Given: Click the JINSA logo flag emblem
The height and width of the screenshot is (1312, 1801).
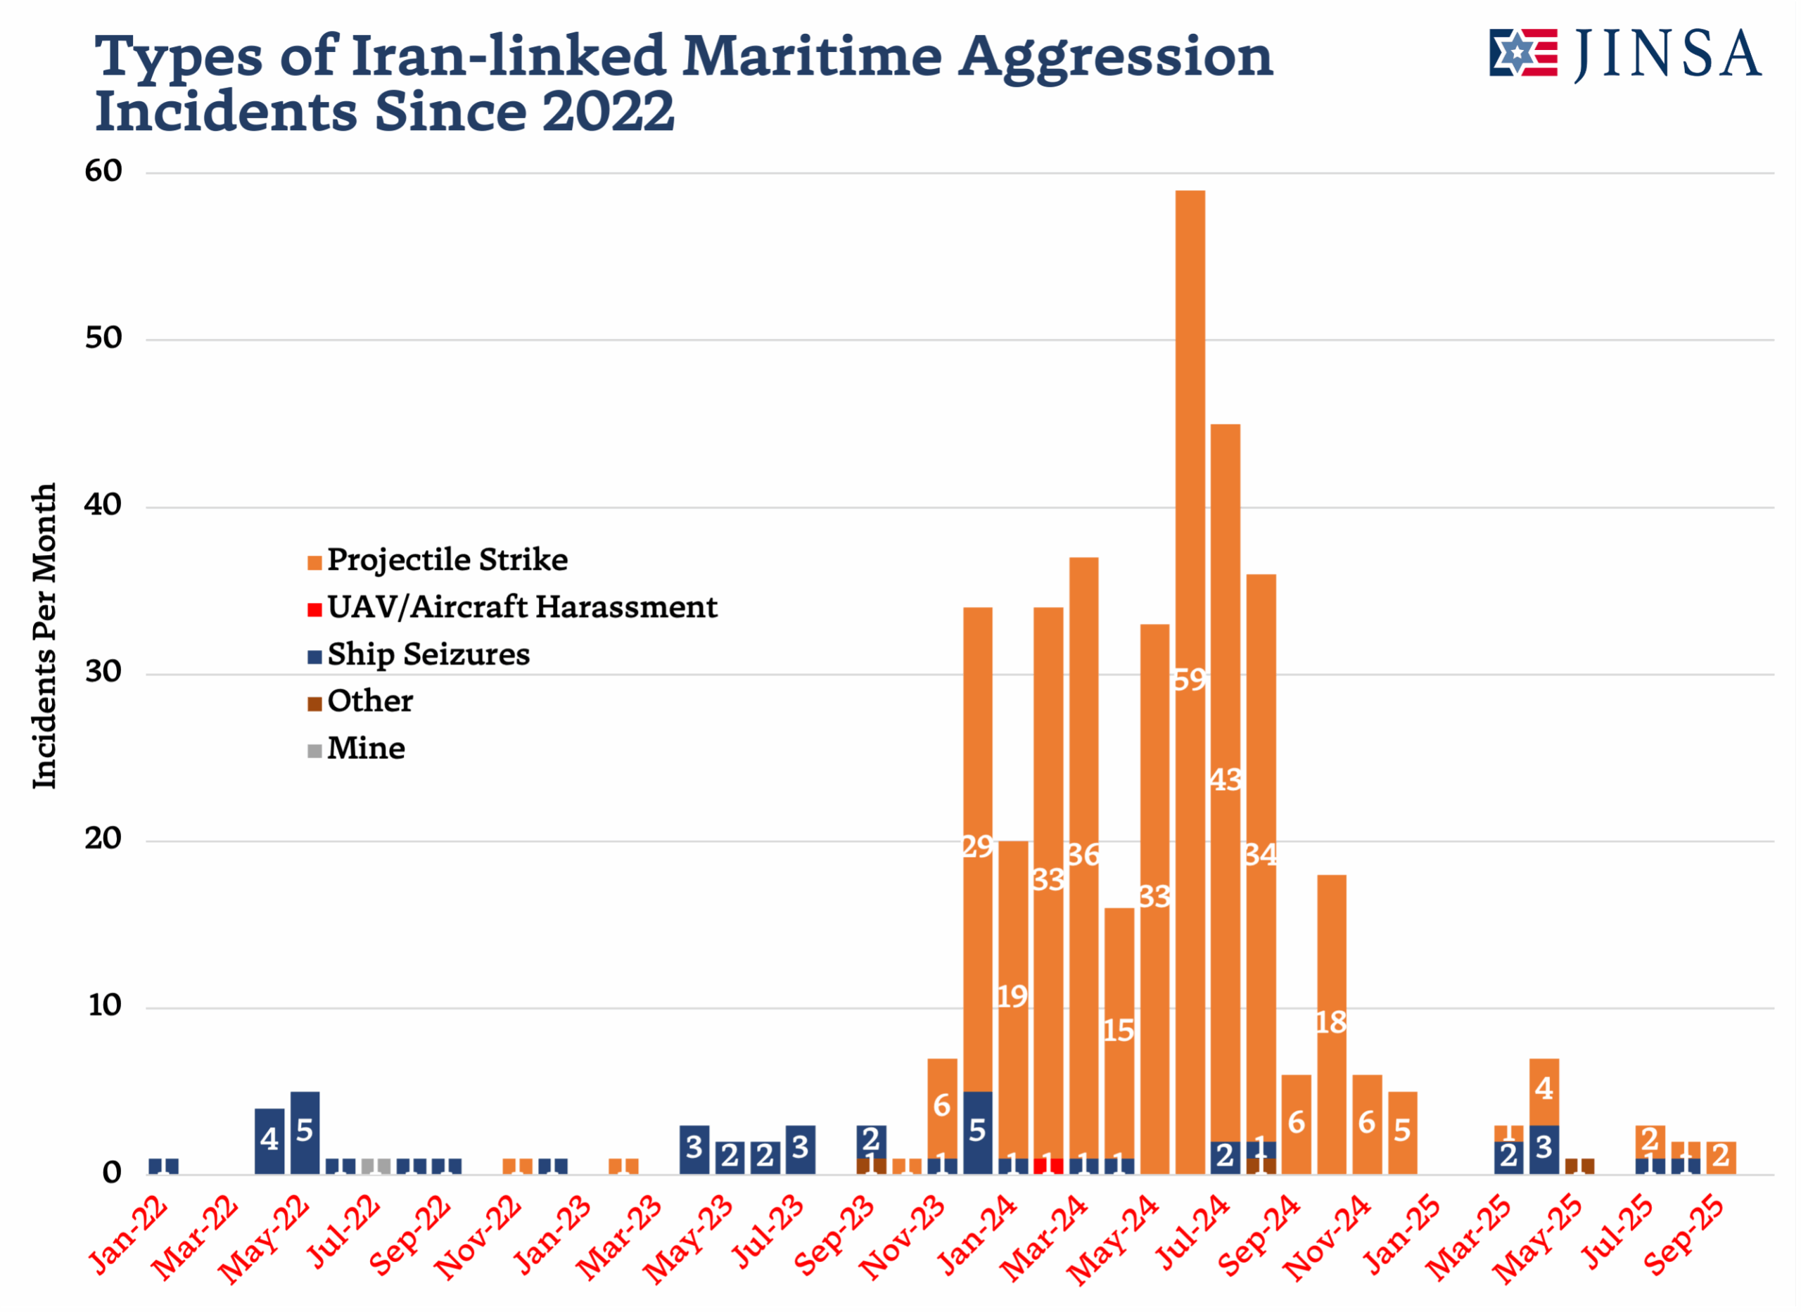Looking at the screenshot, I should (1522, 53).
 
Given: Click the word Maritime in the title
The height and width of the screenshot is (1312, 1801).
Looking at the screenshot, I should (813, 56).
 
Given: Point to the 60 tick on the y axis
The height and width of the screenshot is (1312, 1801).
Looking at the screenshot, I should (104, 172).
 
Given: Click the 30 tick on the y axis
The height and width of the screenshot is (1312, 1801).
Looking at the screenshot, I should (104, 673).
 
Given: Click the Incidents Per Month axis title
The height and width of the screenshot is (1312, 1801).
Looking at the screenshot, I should (44, 635).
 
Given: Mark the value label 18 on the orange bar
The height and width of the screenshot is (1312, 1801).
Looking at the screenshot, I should (1331, 1023).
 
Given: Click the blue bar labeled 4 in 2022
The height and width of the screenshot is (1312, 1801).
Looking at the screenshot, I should (269, 1140).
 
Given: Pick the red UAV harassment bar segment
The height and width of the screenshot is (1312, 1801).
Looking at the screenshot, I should (1048, 1166).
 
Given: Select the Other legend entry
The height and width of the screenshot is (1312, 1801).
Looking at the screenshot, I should (369, 702).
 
